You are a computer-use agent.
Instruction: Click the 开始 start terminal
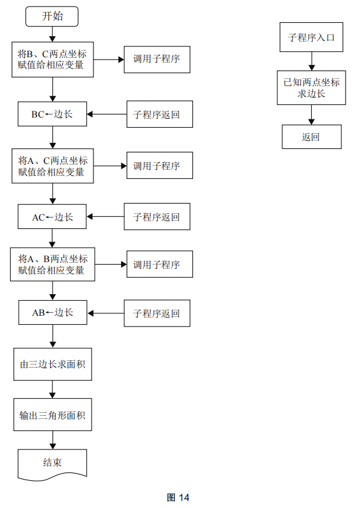52,16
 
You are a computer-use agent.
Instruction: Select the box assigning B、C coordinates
52,60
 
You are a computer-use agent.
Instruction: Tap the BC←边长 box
52,114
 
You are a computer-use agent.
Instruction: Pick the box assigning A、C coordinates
52,166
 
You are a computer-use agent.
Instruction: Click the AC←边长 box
52,217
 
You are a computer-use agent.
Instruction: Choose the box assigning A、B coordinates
52,264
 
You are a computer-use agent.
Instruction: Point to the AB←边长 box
52,313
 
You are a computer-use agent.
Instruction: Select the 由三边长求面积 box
52,365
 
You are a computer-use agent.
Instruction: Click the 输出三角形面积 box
52,415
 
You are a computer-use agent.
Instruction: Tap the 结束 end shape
52,463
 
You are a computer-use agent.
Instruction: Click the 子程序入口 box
311,37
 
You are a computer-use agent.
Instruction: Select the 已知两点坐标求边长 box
311,88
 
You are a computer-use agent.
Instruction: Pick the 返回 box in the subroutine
311,137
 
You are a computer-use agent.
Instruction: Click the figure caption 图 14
178,498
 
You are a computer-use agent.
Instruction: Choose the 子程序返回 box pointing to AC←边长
157,217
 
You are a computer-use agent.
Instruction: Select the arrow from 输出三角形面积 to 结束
52,440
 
